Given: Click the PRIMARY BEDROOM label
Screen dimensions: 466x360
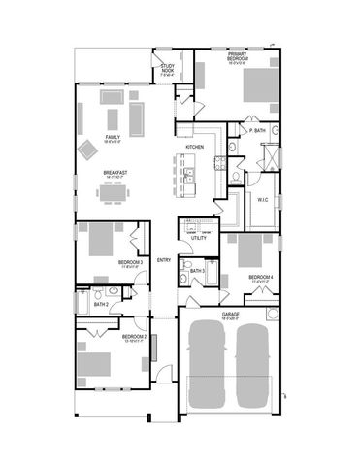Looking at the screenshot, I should [238, 57].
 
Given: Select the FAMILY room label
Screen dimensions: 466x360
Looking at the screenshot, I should [114, 139].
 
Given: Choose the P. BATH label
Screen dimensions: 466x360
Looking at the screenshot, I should [257, 130].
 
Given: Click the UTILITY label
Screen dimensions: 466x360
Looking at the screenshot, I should [198, 238].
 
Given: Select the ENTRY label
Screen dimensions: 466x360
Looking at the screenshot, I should [164, 259].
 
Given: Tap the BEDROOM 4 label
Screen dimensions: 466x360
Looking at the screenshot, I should [260, 278].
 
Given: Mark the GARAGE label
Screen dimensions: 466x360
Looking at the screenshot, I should [231, 315].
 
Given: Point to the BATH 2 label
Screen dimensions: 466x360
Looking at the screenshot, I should [100, 305].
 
